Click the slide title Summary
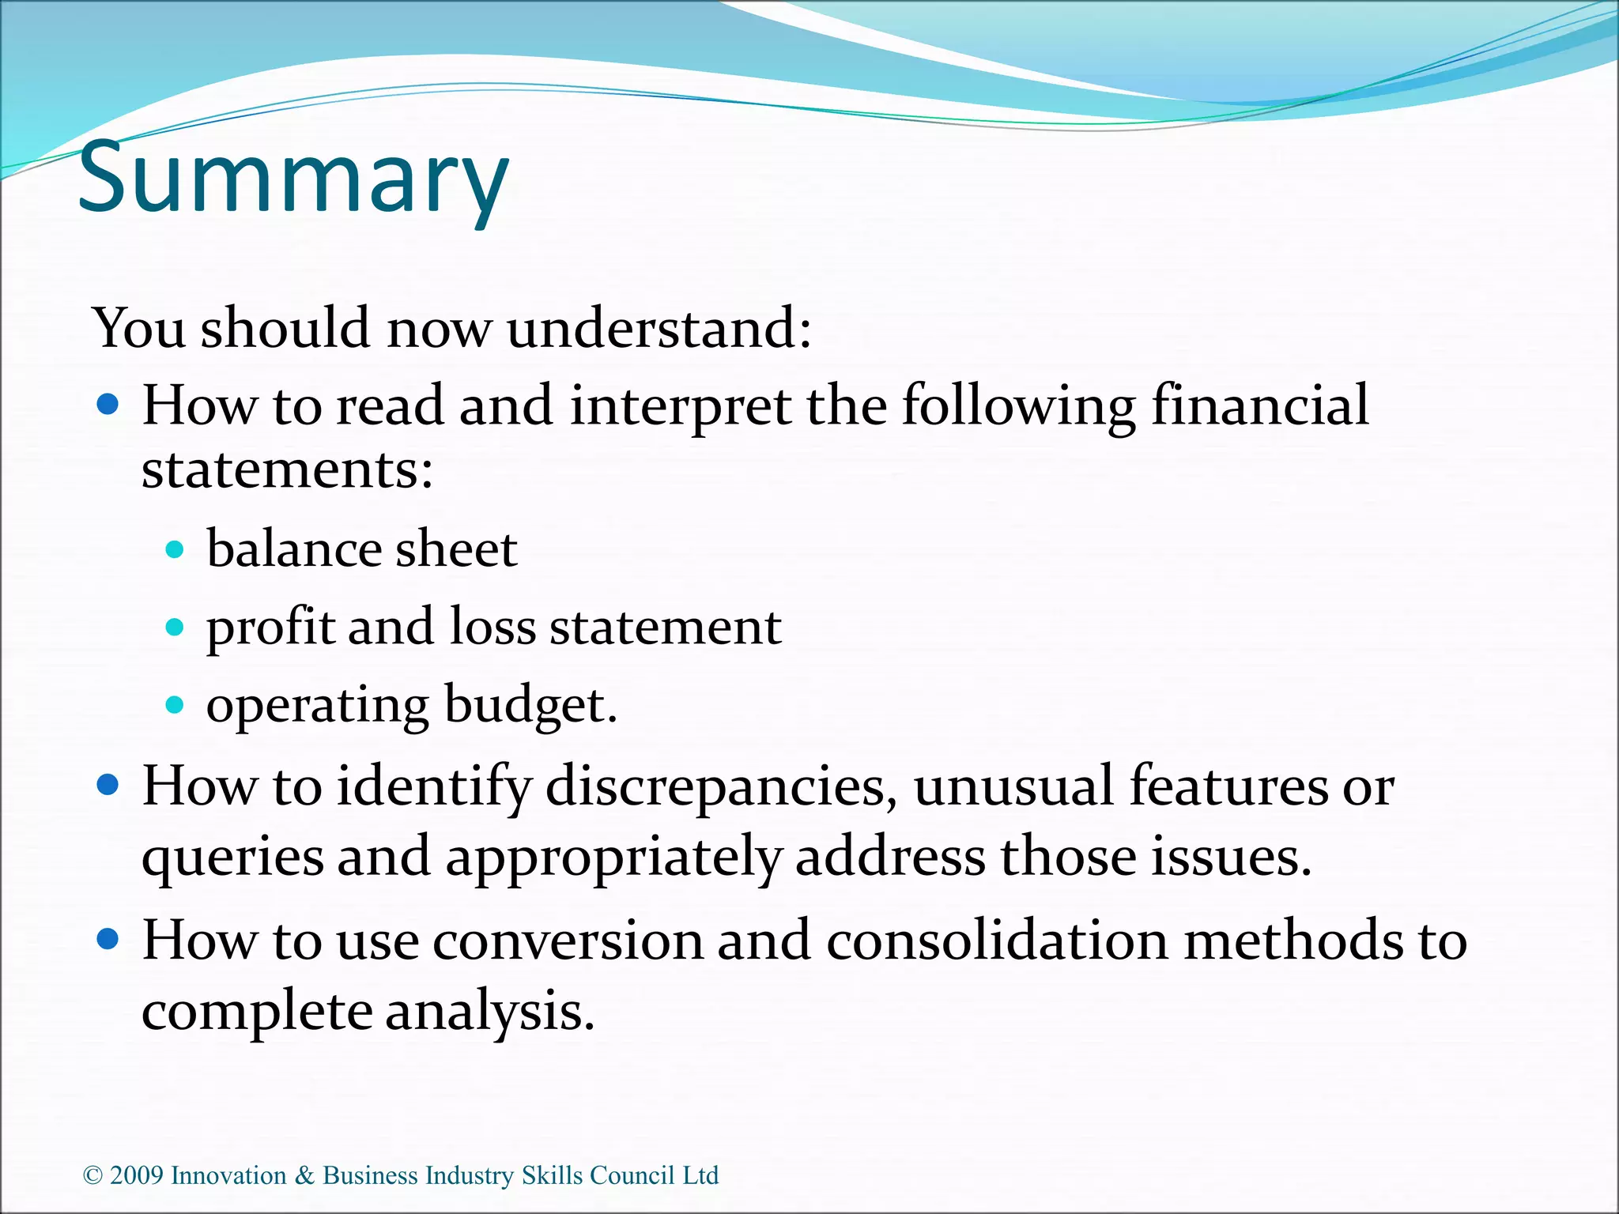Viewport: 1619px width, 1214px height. click(x=293, y=177)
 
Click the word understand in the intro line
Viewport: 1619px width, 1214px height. click(x=659, y=328)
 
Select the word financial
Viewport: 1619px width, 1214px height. click(x=1259, y=406)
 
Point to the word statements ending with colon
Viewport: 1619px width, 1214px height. click(x=287, y=470)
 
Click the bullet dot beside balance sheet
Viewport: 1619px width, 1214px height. click(x=175, y=549)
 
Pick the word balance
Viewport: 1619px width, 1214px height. click(x=293, y=549)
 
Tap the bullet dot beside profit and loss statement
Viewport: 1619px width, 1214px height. click(x=175, y=628)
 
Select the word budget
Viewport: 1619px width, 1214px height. click(x=530, y=706)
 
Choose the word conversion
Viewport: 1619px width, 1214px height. click(x=568, y=941)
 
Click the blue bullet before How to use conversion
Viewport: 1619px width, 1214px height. click(x=108, y=939)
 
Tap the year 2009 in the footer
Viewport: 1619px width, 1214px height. click(x=136, y=1176)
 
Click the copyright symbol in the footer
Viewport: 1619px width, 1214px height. click(x=92, y=1176)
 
